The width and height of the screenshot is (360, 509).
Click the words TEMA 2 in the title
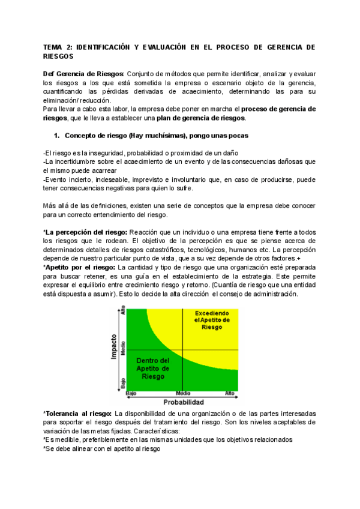click(x=59, y=46)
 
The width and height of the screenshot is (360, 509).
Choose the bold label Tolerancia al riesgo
click(x=77, y=414)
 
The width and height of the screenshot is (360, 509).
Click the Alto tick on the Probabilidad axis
click(x=229, y=393)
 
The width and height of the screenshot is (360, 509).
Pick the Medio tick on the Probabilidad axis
click(x=183, y=393)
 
